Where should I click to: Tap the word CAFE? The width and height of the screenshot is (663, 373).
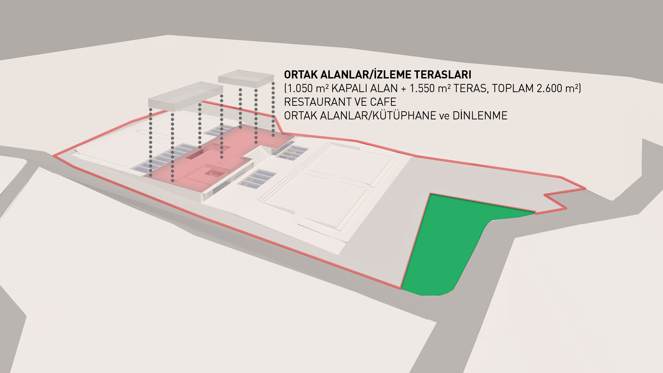coord(383,102)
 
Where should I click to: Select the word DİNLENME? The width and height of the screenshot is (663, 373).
coord(480,115)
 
